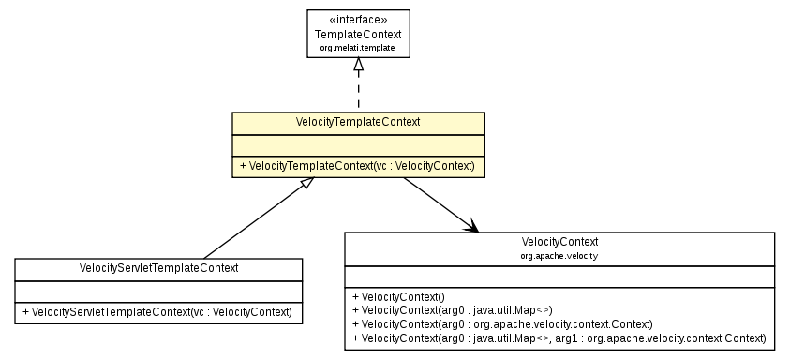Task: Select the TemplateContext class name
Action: click(358, 34)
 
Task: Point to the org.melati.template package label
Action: click(358, 46)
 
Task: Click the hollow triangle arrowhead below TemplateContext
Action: click(358, 66)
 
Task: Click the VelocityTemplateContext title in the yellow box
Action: click(358, 123)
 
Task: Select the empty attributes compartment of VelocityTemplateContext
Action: click(358, 145)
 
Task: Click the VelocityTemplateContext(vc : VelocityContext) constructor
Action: click(358, 166)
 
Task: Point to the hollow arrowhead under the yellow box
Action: click(304, 185)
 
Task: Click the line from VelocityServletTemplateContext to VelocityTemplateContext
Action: click(253, 221)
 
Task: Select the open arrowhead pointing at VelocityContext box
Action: click(471, 226)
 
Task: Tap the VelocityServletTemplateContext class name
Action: click(158, 268)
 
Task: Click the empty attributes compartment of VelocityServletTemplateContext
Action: click(158, 291)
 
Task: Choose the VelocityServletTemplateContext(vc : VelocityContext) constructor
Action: click(158, 311)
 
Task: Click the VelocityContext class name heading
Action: click(559, 242)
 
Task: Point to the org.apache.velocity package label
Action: click(559, 255)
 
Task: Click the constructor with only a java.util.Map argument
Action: click(451, 309)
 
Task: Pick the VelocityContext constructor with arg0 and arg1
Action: click(559, 337)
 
